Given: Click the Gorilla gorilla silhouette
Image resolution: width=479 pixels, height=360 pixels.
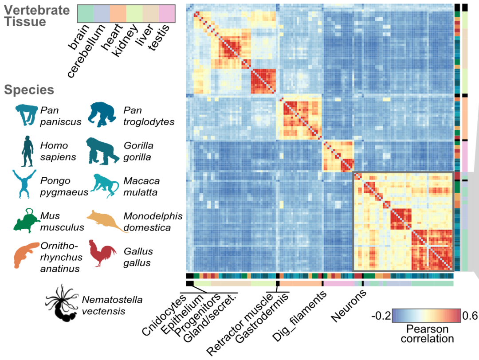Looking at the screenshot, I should pos(102,151).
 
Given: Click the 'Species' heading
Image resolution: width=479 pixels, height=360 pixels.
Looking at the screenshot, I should pos(29,90).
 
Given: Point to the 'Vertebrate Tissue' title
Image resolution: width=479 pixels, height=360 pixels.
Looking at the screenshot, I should pos(37,16).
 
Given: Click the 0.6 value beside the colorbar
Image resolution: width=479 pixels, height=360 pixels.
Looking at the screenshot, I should pos(470,316).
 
